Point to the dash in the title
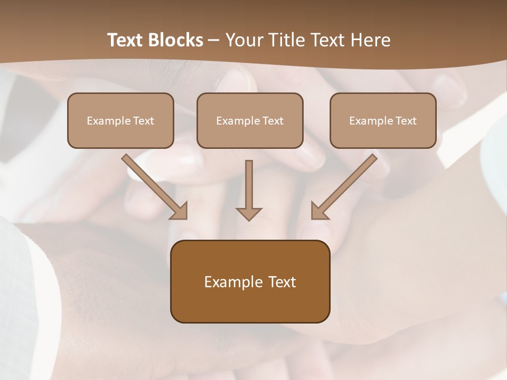[214, 41]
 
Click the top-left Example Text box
[120, 120]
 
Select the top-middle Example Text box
[250, 120]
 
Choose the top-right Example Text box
[383, 120]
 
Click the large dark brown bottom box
[250, 281]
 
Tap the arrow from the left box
[153, 185]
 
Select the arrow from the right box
[346, 185]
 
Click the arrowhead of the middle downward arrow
[249, 214]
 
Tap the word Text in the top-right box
[406, 120]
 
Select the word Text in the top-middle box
[273, 120]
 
